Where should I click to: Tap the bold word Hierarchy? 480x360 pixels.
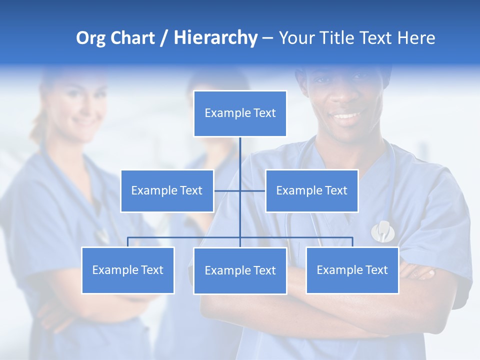point(215,38)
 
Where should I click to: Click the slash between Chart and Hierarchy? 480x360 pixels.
point(163,38)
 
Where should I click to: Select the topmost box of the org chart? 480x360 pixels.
point(240,113)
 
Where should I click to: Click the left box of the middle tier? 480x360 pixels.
point(167,190)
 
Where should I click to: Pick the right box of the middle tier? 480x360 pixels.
point(312,190)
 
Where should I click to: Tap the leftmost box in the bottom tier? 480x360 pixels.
point(128,270)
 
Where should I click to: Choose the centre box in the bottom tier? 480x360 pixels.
point(240,270)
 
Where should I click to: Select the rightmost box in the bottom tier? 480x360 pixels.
point(352,270)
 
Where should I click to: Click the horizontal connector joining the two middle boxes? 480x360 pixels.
point(252,190)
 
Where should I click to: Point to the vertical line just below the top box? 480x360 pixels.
point(240,152)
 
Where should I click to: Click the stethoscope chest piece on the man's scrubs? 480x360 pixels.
point(383,231)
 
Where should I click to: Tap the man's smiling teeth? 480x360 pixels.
point(346,116)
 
